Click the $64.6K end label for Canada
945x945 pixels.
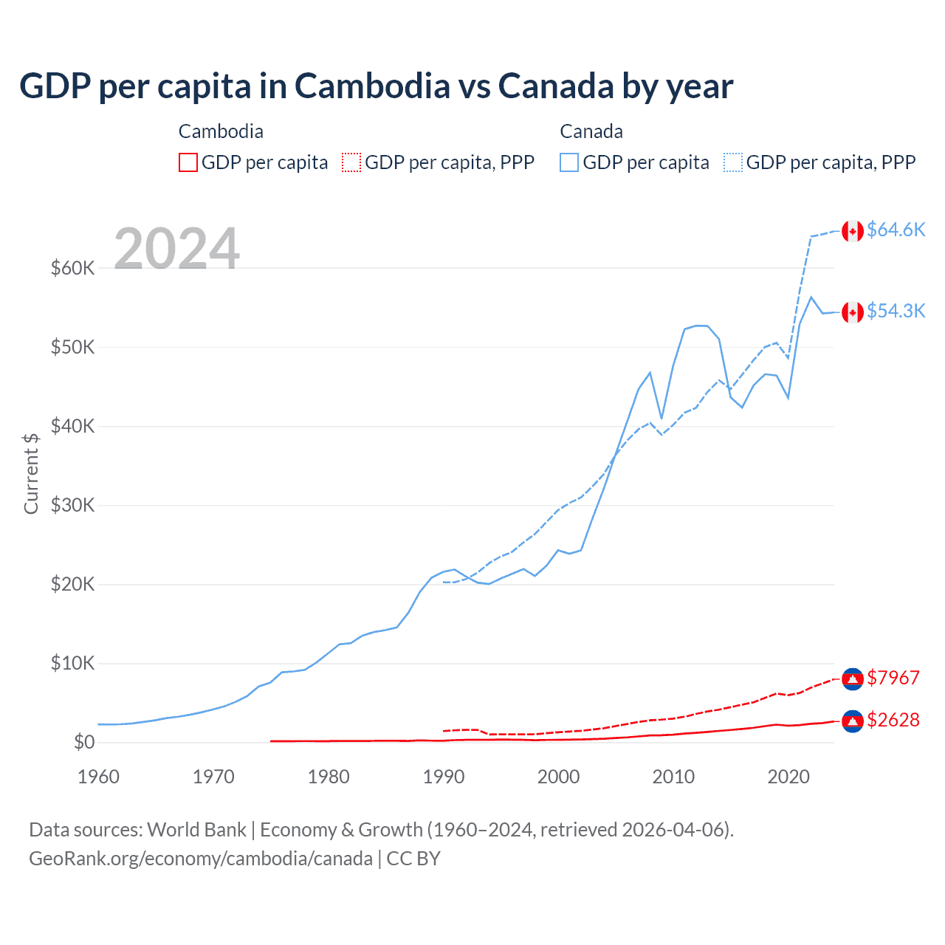(896, 230)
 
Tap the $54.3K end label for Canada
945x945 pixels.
(896, 311)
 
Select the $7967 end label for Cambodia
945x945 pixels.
(893, 678)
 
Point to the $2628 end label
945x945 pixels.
(893, 720)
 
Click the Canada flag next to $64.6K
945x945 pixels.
(853, 231)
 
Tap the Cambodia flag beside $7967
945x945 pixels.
(853, 679)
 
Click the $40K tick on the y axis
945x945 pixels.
(72, 426)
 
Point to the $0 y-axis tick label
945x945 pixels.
(84, 742)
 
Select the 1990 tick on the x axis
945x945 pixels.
(444, 777)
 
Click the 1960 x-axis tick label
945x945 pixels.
(99, 777)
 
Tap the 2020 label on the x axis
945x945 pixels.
(788, 777)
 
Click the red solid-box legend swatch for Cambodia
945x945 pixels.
(188, 162)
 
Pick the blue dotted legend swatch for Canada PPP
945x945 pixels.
(733, 162)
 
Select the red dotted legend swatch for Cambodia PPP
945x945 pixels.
(351, 162)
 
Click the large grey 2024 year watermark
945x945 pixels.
(176, 249)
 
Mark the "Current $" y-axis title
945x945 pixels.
(31, 473)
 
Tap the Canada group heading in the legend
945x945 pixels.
(591, 131)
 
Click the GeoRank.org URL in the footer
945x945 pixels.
(201, 859)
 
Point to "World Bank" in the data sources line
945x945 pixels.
(196, 830)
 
